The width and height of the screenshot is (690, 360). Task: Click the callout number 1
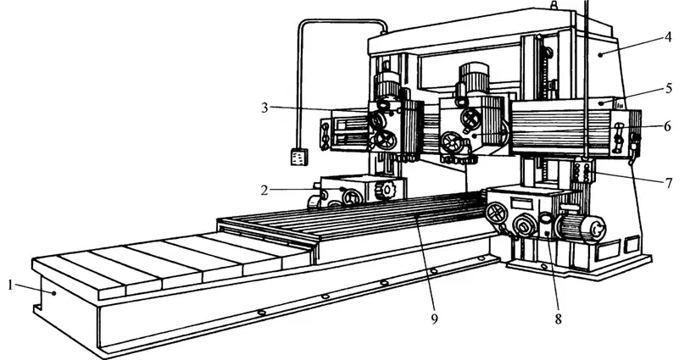10,285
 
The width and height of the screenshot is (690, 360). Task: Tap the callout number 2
264,191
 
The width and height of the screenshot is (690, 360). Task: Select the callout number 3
264,108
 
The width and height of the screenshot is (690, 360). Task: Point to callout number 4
668,37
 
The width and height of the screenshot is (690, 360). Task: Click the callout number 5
669,88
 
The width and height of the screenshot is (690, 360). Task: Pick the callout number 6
668,126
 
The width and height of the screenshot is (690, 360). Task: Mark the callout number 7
669,182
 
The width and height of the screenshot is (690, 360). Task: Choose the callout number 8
558,319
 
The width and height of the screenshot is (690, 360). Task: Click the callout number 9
434,319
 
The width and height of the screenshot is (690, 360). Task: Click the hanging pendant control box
299,157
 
